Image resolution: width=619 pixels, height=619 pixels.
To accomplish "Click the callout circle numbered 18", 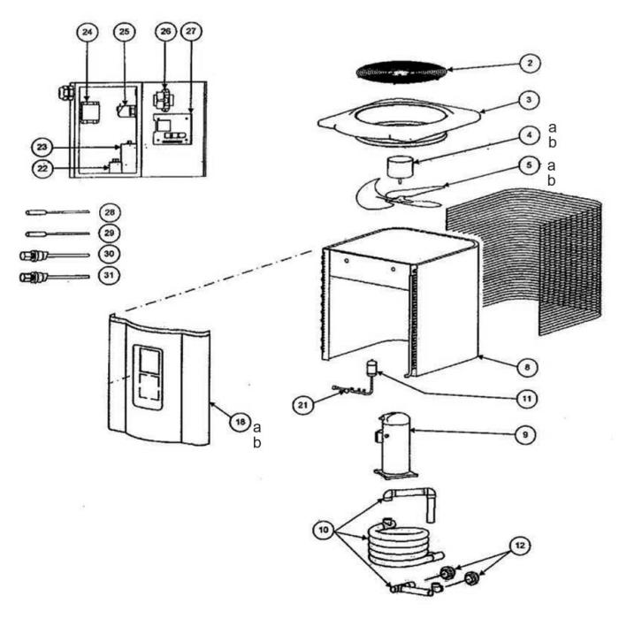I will (238, 423).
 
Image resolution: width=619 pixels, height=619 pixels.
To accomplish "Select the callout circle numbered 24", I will (86, 33).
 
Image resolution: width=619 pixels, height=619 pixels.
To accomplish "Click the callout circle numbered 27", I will (190, 33).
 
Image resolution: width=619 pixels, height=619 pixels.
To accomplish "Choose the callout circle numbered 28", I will (110, 213).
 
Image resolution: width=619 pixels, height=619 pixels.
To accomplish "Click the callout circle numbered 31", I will (110, 276).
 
